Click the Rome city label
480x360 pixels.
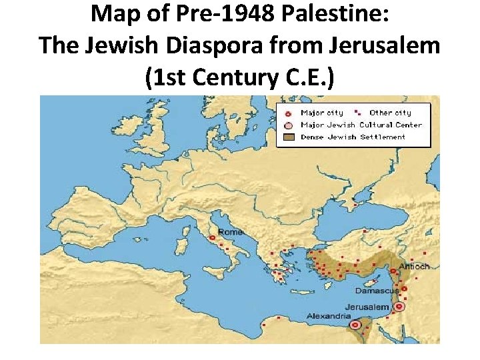(230, 231)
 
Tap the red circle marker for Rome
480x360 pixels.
(213, 237)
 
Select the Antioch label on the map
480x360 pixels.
(414, 266)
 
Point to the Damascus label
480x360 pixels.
(377, 291)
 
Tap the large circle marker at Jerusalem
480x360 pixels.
(399, 307)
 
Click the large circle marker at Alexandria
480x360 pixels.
(355, 325)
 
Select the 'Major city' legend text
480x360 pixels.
(322, 113)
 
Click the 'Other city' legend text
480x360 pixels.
(390, 113)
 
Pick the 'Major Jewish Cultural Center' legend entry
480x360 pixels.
(361, 125)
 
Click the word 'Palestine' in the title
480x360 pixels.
(327, 13)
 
